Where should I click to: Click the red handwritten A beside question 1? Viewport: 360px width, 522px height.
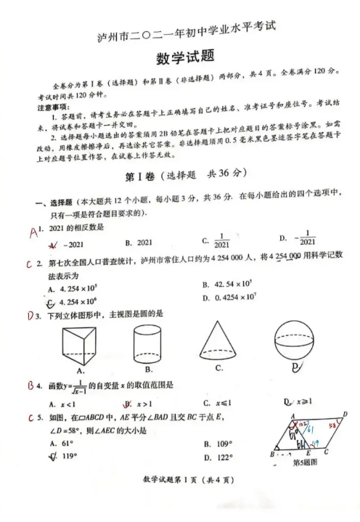tap(32, 232)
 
